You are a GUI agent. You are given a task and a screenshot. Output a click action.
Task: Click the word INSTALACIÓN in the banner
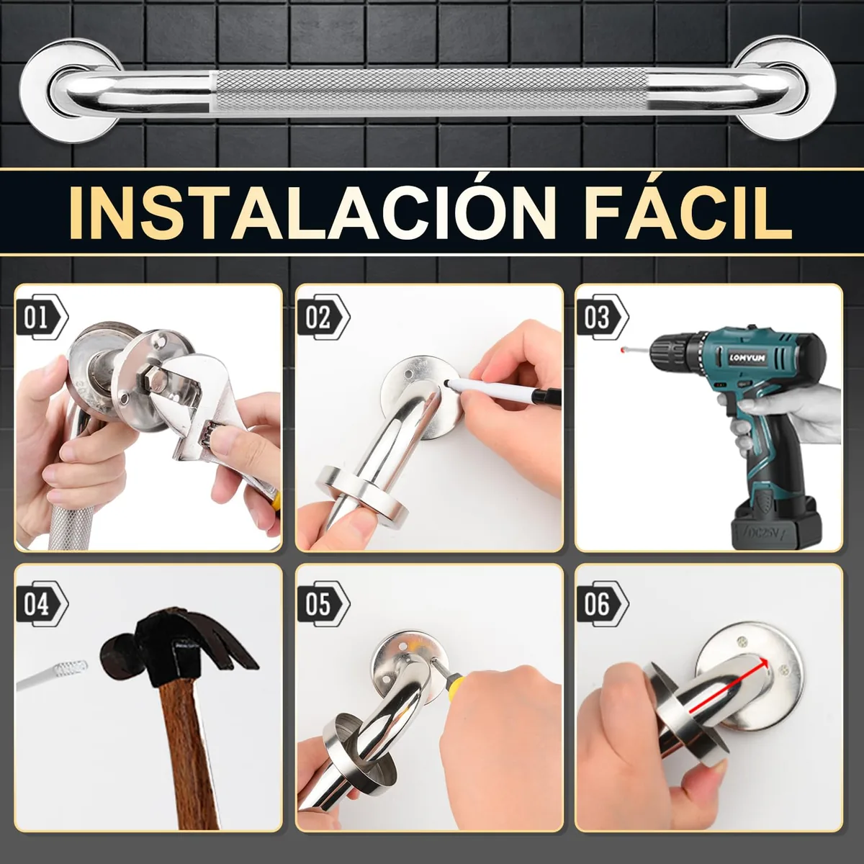[x=312, y=212]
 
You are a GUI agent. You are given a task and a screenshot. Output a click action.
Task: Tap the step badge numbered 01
[x=42, y=318]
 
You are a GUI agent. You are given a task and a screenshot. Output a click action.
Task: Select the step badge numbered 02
[x=323, y=318]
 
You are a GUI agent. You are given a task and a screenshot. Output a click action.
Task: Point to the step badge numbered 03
[x=602, y=318]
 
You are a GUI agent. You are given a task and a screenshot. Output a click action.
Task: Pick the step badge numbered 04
[x=42, y=604]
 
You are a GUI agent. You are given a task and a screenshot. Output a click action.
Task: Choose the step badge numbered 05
[x=323, y=604]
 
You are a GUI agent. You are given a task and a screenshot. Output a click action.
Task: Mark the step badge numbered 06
[x=602, y=604]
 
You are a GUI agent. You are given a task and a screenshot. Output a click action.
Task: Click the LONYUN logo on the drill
[x=747, y=358]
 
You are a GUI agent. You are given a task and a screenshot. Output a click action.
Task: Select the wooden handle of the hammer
[x=189, y=753]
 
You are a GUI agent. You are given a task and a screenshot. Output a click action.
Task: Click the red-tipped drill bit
[x=636, y=350]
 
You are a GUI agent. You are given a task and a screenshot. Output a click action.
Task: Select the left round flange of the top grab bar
[x=71, y=91]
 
